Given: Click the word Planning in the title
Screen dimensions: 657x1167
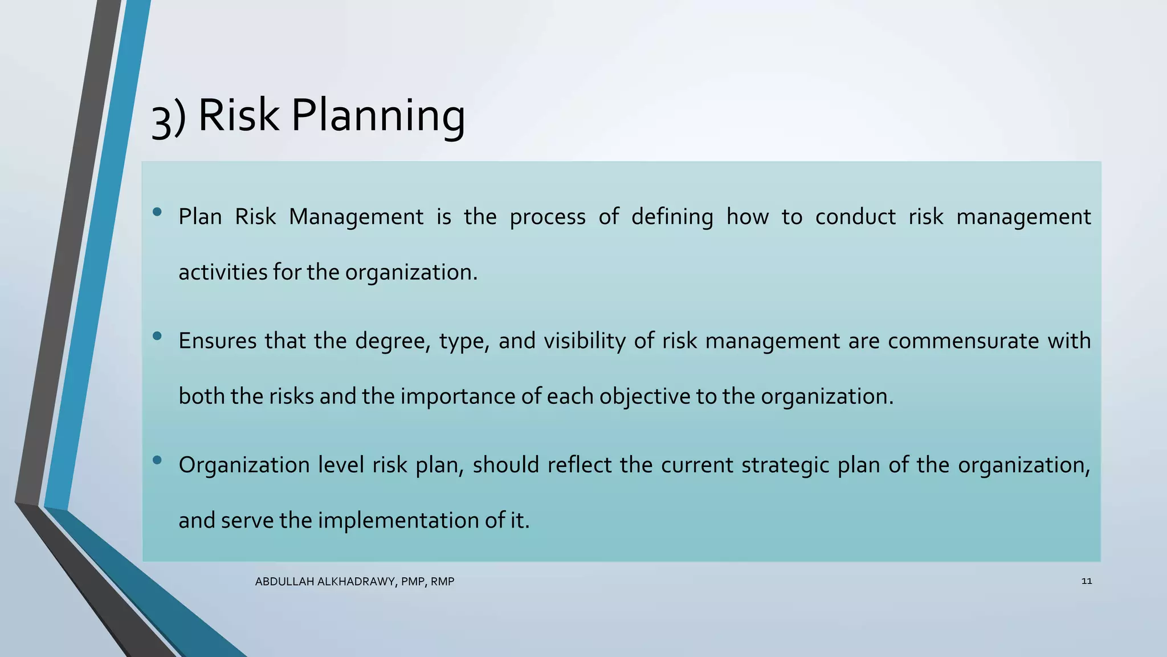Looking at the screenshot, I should (x=378, y=116).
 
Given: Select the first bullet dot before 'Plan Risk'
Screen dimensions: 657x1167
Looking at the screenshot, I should (x=157, y=213).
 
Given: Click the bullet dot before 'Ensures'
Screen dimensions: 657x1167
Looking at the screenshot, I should (x=157, y=336).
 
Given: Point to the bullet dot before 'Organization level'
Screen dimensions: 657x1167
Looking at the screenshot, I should (x=157, y=460).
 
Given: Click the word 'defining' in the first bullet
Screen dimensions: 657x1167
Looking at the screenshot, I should (x=672, y=217).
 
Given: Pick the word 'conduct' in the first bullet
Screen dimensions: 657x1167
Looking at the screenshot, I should (x=855, y=217).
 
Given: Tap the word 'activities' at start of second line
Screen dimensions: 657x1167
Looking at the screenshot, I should (x=223, y=272).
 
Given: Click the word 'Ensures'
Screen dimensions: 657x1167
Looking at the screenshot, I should (x=217, y=341).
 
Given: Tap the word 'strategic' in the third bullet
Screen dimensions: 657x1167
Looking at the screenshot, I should (x=785, y=465).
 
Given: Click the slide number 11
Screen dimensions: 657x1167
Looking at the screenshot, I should (x=1086, y=581).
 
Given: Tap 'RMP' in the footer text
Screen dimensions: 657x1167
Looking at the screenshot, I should (x=443, y=582).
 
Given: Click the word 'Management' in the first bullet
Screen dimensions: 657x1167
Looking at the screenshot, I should (x=356, y=217).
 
